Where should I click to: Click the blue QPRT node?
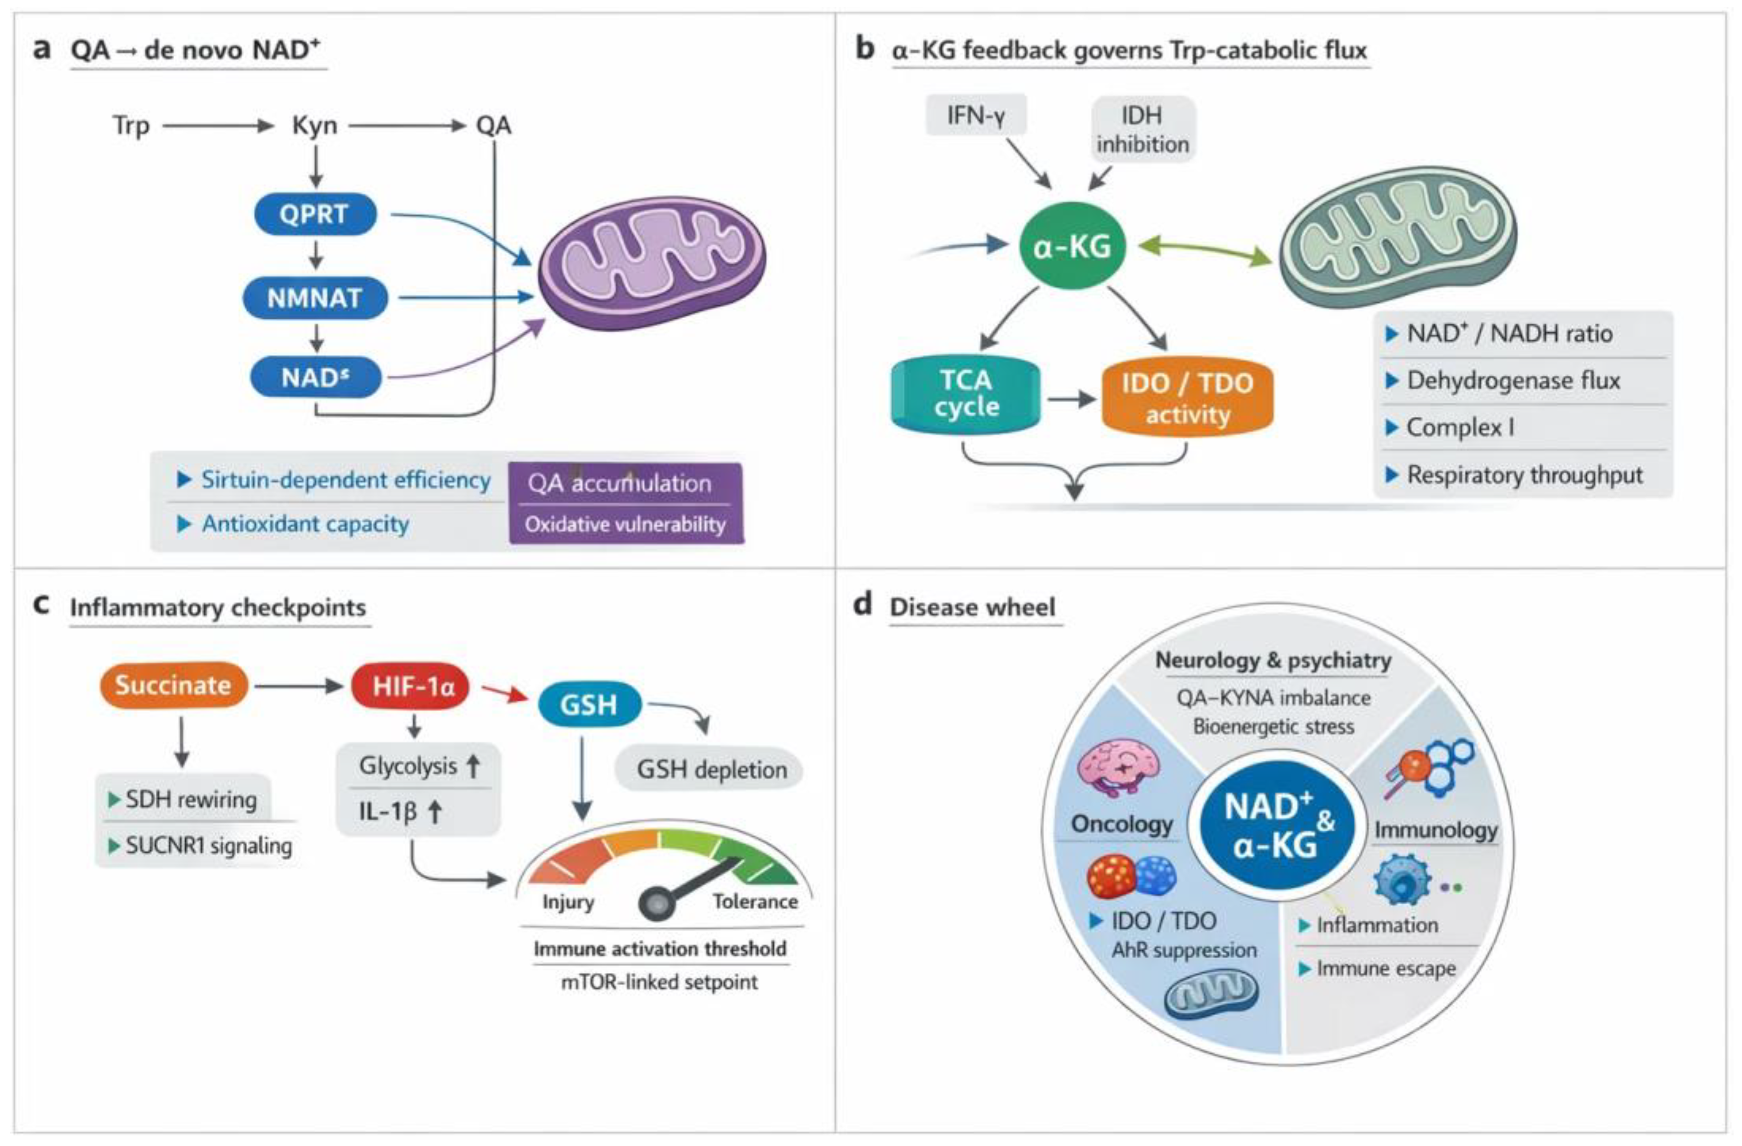point(315,214)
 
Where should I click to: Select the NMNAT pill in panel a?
point(315,298)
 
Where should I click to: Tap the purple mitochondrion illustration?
point(652,262)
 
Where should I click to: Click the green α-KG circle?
point(1072,246)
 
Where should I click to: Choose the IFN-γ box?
point(976,115)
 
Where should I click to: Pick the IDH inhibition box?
point(1142,129)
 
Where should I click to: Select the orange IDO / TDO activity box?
point(1187,398)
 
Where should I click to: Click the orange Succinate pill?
point(174,685)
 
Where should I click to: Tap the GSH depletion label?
point(711,769)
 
